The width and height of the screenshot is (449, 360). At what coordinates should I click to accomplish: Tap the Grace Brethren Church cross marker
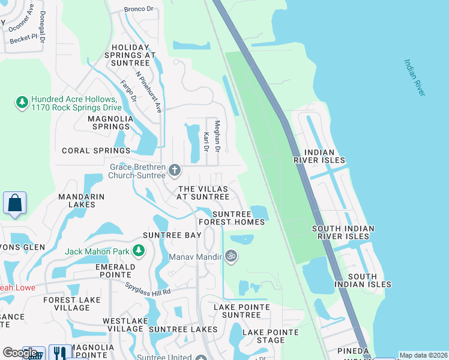(175, 170)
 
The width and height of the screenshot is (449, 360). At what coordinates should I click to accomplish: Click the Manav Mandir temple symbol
(231, 256)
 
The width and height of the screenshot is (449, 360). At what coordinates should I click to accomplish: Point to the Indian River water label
(414, 77)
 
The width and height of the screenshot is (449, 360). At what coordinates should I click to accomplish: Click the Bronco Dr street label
(139, 9)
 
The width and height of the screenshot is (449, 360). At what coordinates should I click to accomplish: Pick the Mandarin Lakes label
(82, 200)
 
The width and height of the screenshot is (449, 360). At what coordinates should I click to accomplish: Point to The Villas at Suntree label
(203, 193)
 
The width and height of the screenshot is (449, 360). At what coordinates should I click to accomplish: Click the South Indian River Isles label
(343, 232)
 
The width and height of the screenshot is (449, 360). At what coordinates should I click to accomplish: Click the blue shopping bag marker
(15, 203)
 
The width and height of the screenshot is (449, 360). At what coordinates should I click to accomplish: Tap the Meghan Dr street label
(218, 136)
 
